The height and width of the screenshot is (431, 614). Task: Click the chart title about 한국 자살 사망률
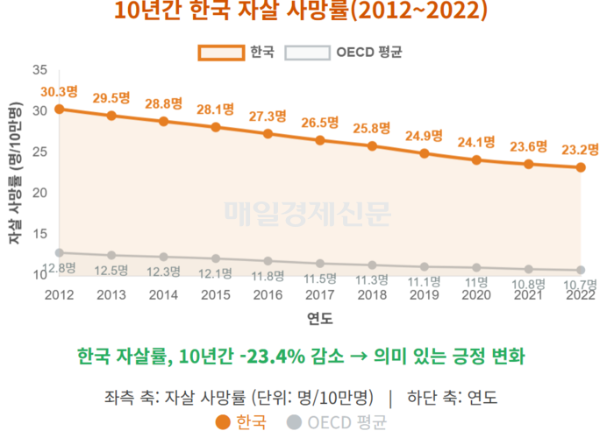click(302, 12)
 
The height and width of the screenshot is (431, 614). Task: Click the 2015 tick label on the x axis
click(215, 295)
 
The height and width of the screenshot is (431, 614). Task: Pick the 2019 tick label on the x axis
click(425, 295)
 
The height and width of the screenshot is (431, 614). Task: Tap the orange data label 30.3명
click(59, 90)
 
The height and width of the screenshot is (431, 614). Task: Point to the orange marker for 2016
click(268, 133)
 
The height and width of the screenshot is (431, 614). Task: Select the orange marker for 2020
click(477, 160)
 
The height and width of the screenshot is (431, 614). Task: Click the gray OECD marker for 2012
click(59, 252)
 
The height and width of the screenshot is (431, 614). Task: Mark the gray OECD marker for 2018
click(373, 265)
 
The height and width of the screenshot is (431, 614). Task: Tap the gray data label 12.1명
click(215, 273)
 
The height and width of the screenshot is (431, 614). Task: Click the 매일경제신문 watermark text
click(307, 211)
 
